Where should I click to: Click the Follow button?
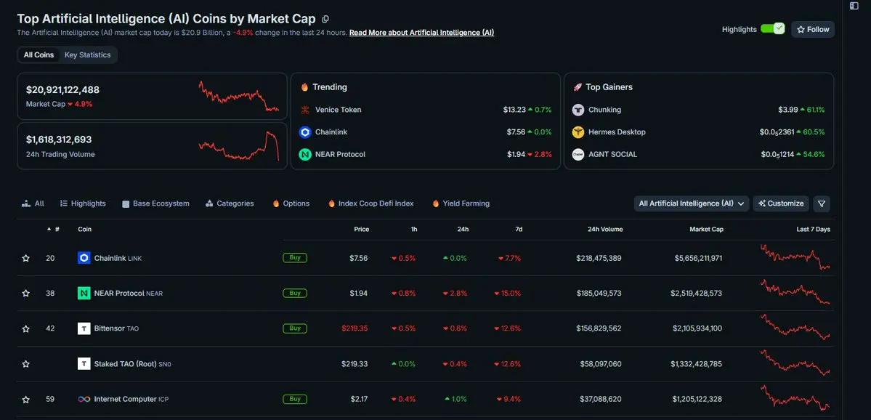click(x=813, y=30)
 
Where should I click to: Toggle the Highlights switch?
click(x=772, y=29)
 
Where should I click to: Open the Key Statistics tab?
click(x=87, y=55)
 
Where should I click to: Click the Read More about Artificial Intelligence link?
click(x=421, y=33)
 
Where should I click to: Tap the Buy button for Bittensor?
click(x=295, y=328)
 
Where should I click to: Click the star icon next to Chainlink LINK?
click(x=25, y=259)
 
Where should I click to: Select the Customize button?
click(x=781, y=203)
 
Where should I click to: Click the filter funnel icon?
click(x=822, y=204)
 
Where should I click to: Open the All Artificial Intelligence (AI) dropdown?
click(x=692, y=203)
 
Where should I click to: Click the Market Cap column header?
click(x=706, y=230)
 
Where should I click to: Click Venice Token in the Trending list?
click(x=338, y=110)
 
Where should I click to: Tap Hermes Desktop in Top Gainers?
click(x=617, y=132)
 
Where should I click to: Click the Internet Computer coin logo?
click(x=84, y=400)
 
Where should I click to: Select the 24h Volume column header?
click(x=605, y=230)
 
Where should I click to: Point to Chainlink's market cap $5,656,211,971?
click(x=698, y=259)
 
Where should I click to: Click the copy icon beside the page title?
click(x=325, y=19)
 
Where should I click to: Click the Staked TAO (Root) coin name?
click(x=125, y=364)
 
